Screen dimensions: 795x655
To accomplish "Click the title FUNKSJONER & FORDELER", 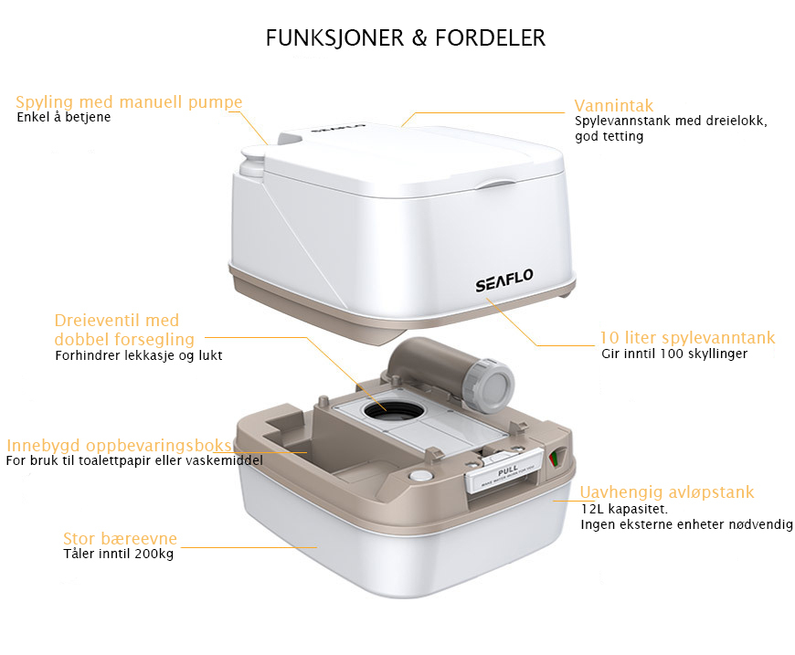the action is pyautogui.click(x=406, y=38).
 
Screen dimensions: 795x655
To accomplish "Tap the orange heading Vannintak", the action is pyautogui.click(x=613, y=105).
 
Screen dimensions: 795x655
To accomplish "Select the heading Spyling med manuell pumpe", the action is pyautogui.click(x=129, y=102).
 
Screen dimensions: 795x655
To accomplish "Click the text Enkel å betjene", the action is pyautogui.click(x=63, y=117).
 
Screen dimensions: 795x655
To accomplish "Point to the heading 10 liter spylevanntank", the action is pyautogui.click(x=687, y=338).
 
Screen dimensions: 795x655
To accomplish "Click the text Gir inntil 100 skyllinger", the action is pyautogui.click(x=674, y=354).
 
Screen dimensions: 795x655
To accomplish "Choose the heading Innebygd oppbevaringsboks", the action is pyautogui.click(x=119, y=445).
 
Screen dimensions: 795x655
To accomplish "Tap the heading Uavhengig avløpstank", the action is pyautogui.click(x=667, y=491).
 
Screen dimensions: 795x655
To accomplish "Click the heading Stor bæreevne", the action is pyautogui.click(x=120, y=538).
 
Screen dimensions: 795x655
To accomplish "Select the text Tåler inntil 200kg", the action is pyautogui.click(x=118, y=554).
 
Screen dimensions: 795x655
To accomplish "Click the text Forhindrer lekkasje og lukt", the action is pyautogui.click(x=138, y=355).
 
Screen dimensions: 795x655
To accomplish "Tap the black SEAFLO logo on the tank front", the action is pyautogui.click(x=504, y=280).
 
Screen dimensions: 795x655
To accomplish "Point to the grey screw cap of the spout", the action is pyautogui.click(x=489, y=386).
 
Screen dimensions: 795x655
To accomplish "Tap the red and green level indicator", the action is pyautogui.click(x=555, y=459).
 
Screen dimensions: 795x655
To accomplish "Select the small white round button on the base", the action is pyautogui.click(x=419, y=476).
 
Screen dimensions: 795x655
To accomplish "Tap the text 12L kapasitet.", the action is pyautogui.click(x=624, y=509).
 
